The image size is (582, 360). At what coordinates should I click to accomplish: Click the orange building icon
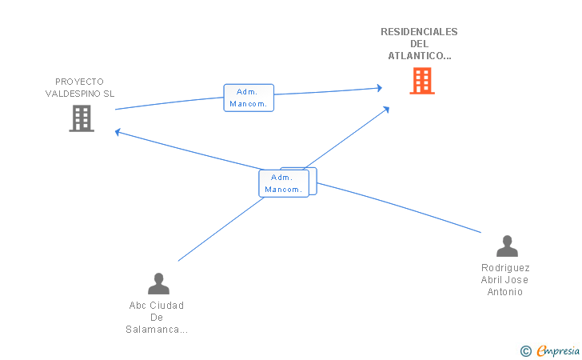click(422, 81)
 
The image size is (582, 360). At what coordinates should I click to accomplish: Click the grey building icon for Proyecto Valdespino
click(82, 118)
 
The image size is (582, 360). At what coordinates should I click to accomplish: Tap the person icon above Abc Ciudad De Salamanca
click(158, 283)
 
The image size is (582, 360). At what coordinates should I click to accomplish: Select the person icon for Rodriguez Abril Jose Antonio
click(507, 246)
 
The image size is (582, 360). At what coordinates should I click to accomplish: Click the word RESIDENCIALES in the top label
click(419, 32)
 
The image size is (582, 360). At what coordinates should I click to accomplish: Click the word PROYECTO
click(79, 82)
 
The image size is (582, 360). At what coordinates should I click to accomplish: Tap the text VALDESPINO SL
click(79, 94)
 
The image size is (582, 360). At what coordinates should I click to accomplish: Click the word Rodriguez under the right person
click(505, 268)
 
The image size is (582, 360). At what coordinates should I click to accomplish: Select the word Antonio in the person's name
click(505, 292)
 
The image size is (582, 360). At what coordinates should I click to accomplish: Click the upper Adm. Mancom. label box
click(249, 98)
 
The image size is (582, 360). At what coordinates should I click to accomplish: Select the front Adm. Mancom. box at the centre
click(283, 183)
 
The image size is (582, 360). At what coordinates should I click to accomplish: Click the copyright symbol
click(525, 350)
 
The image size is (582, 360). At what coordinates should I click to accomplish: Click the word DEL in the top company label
click(419, 44)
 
